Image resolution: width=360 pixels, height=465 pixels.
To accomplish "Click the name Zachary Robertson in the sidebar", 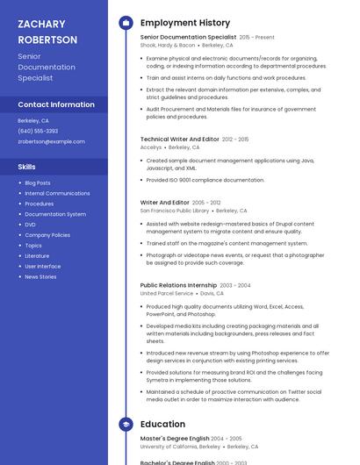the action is pos(47,32).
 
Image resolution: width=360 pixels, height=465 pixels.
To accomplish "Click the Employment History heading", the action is pos(184,23).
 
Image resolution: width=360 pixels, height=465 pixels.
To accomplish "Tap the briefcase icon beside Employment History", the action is pos(126,23).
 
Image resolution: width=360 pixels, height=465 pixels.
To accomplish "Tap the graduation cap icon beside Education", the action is pos(126,424).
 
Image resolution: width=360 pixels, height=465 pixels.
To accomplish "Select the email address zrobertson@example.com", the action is pos(51,141).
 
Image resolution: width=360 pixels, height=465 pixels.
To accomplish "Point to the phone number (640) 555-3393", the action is pos(38,131).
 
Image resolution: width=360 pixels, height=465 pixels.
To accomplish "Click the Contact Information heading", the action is pos(56,104).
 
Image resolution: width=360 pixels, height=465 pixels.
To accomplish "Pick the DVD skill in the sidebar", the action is pos(31,225).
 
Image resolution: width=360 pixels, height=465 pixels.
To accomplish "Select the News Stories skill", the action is pos(40,276).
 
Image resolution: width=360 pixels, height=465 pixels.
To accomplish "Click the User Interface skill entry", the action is pos(43,266).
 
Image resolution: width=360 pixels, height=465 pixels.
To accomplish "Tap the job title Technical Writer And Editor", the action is pos(179,139).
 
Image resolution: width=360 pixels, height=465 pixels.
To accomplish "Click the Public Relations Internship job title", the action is pos(178,285).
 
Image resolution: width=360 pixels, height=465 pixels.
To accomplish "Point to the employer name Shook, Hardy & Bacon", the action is pos(168,45).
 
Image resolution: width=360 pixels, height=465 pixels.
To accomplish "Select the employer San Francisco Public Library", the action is pos(175,211).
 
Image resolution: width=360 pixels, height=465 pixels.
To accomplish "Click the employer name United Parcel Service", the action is pos(166,293).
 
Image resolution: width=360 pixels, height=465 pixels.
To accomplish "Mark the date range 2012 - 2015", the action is pos(235,139).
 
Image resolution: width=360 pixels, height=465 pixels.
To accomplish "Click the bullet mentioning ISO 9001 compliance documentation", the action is pos(205,180).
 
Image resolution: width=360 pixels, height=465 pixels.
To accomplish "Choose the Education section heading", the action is pos(162,424).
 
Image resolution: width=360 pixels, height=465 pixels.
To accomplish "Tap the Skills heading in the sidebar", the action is pos(26,166).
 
